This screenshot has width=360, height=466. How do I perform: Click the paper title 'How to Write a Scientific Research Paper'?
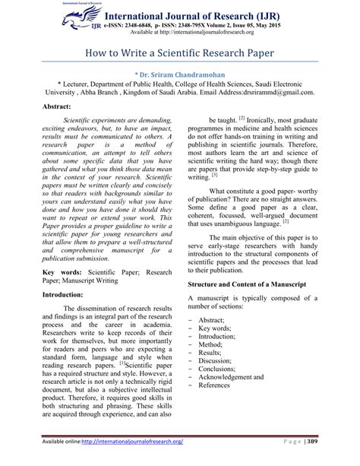[180, 55]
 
